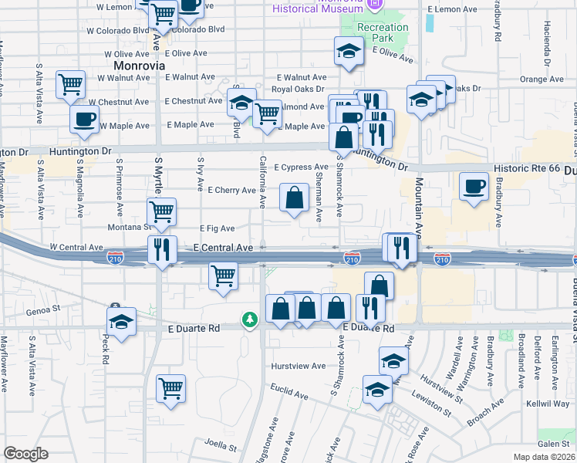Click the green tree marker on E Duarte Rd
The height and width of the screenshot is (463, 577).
249,319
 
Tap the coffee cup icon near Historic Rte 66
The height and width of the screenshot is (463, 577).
474,186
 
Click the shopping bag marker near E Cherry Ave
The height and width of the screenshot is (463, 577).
294,198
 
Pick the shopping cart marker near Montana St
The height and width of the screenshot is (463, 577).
162,211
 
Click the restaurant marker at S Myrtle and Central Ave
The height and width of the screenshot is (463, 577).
162,249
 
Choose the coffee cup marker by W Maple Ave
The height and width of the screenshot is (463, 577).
85,119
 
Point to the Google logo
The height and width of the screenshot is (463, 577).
25,454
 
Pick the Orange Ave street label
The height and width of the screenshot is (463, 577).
542,79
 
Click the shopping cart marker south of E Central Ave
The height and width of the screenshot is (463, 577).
223,275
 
